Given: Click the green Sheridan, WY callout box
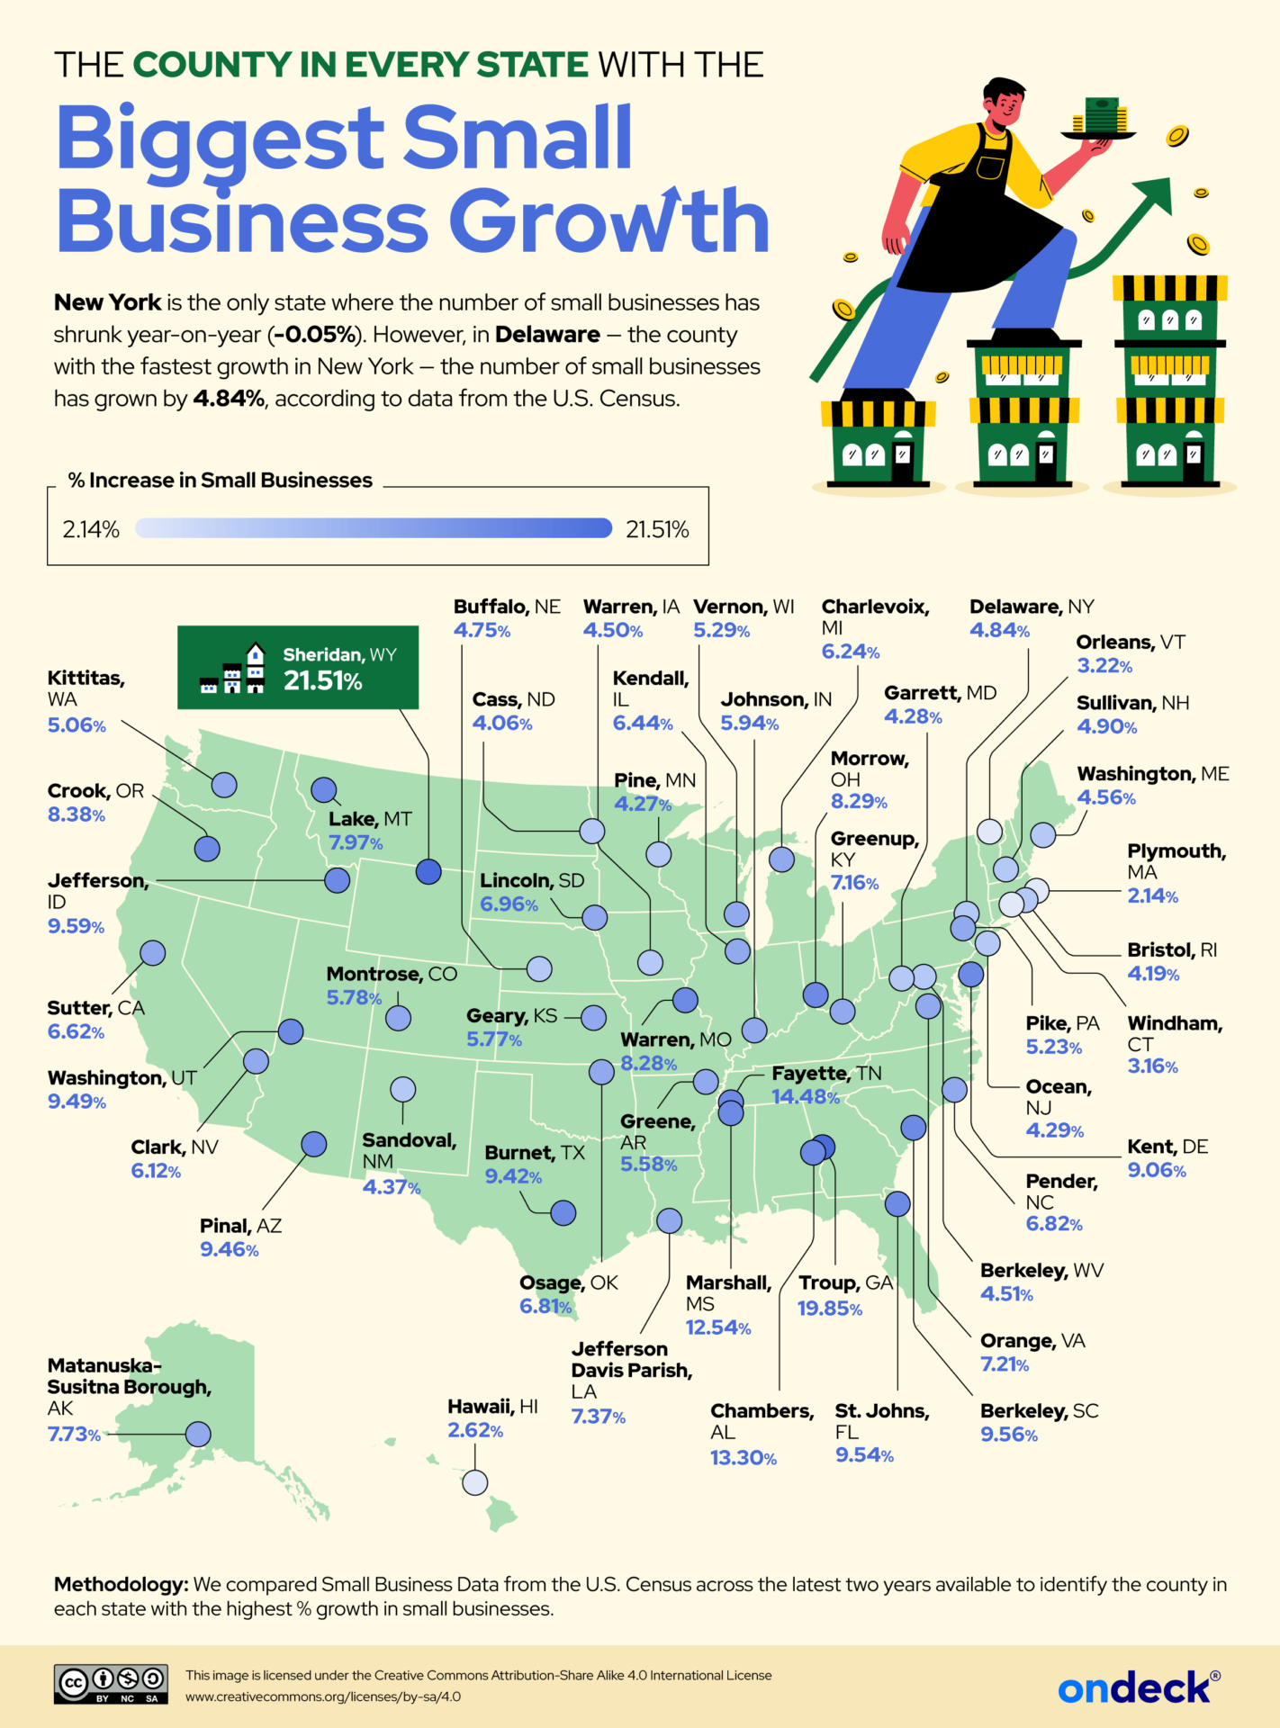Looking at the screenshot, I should pyautogui.click(x=298, y=668).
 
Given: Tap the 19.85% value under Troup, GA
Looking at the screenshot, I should pyautogui.click(x=829, y=1308).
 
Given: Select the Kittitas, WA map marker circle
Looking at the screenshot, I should pyautogui.click(x=224, y=785).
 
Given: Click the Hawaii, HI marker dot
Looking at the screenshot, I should pyautogui.click(x=474, y=1482).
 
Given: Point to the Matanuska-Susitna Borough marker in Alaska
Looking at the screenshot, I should pyautogui.click(x=198, y=1434).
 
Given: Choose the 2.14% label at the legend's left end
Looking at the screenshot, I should pyautogui.click(x=91, y=529).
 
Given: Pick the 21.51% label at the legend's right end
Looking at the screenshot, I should pyautogui.click(x=657, y=529).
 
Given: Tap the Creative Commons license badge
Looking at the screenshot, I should pyautogui.click(x=111, y=1684).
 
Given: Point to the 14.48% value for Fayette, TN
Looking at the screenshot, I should pyautogui.click(x=805, y=1097).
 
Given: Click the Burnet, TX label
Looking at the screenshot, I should pyautogui.click(x=535, y=1153).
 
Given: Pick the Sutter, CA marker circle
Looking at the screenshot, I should pyautogui.click(x=153, y=952).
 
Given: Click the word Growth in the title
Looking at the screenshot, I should pyautogui.click(x=608, y=220).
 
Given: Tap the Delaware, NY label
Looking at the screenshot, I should pyautogui.click(x=1032, y=607).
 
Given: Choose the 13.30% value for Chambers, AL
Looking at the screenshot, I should pyautogui.click(x=743, y=1458).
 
